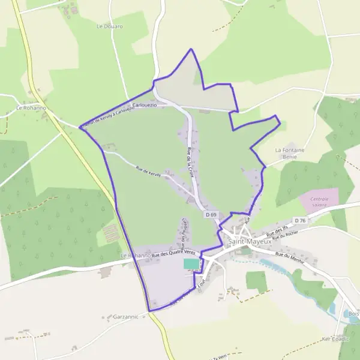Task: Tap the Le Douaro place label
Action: [x=109, y=26]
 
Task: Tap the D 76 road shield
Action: [x=300, y=220]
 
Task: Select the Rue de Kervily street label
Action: [x=149, y=170]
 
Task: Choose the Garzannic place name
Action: [x=125, y=316]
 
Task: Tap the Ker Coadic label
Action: [x=335, y=339]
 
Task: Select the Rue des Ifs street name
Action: [x=277, y=230]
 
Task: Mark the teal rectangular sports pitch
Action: [x=190, y=264]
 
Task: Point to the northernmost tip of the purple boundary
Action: [x=191, y=49]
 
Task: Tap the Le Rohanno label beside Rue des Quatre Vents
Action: [x=134, y=256]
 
